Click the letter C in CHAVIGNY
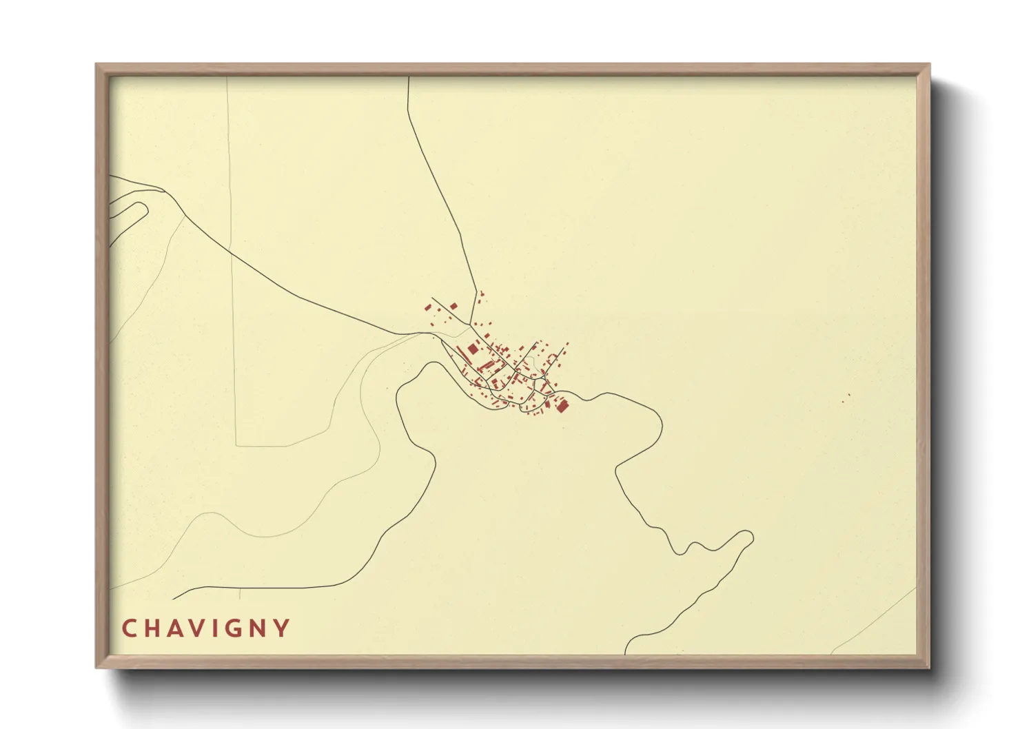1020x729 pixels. tap(129, 628)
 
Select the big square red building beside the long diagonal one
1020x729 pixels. tap(473, 349)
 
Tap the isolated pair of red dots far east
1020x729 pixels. tap(846, 398)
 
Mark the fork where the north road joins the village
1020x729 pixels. tap(471, 324)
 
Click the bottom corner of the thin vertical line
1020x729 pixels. tap(236, 446)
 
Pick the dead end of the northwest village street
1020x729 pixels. tap(433, 298)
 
